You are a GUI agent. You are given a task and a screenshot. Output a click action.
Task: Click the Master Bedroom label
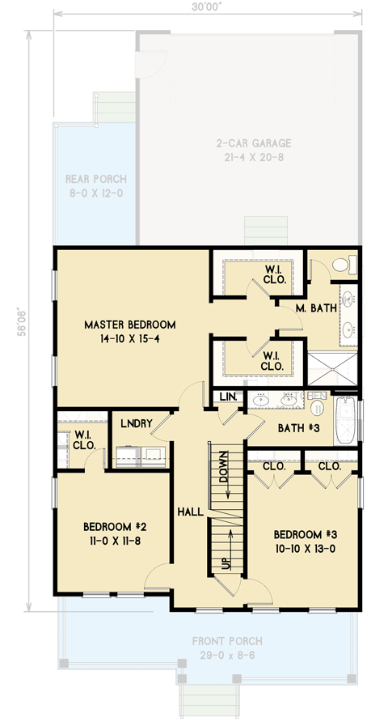click(129, 325)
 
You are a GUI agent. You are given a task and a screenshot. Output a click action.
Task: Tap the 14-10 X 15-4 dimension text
click(129, 338)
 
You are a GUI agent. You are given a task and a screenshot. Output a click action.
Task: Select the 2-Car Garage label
click(253, 143)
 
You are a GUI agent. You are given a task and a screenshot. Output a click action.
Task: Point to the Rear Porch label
click(95, 180)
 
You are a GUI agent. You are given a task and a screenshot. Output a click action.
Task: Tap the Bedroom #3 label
click(304, 534)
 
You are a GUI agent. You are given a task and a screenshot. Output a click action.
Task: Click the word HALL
click(190, 512)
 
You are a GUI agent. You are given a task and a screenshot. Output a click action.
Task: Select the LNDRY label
click(137, 422)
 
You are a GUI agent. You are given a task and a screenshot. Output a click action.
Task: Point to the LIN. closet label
click(227, 397)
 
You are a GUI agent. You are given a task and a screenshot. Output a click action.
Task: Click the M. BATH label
click(310, 310)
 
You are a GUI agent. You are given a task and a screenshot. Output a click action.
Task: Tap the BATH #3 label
click(290, 427)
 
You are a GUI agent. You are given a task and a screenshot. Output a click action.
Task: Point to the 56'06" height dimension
click(23, 319)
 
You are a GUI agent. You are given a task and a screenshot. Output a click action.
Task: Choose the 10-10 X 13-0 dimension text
click(304, 548)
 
